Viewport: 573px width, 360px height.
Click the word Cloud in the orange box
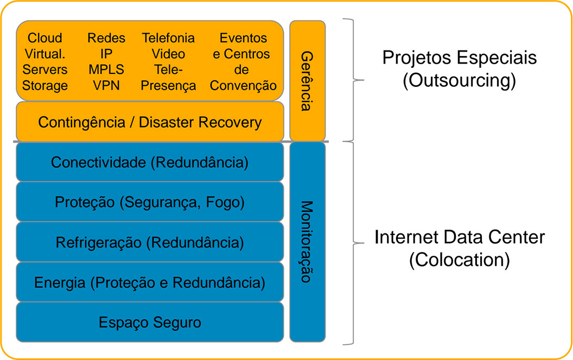[45, 37]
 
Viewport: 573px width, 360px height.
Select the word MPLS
[106, 70]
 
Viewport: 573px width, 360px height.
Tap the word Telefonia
[168, 37]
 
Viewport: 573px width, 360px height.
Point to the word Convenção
[243, 86]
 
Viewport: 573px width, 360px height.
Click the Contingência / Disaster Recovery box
[150, 122]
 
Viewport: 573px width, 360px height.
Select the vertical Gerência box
[307, 80]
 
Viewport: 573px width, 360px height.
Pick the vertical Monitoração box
[307, 242]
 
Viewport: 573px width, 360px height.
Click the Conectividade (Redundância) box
[150, 162]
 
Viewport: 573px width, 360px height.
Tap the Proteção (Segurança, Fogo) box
[150, 202]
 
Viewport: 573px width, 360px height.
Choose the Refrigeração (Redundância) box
[150, 242]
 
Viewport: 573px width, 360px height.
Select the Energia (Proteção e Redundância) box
[150, 282]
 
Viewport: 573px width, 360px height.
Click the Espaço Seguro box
[150, 322]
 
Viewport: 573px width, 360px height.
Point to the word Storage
[45, 86]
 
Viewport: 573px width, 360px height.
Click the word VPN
[106, 85]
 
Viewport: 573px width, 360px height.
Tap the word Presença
[168, 86]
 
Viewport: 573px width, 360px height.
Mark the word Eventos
[243, 37]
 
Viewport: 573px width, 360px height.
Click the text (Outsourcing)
[460, 81]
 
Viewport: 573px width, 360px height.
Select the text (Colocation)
[460, 260]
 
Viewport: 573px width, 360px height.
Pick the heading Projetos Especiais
[460, 58]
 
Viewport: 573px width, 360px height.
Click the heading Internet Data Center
[460, 237]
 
